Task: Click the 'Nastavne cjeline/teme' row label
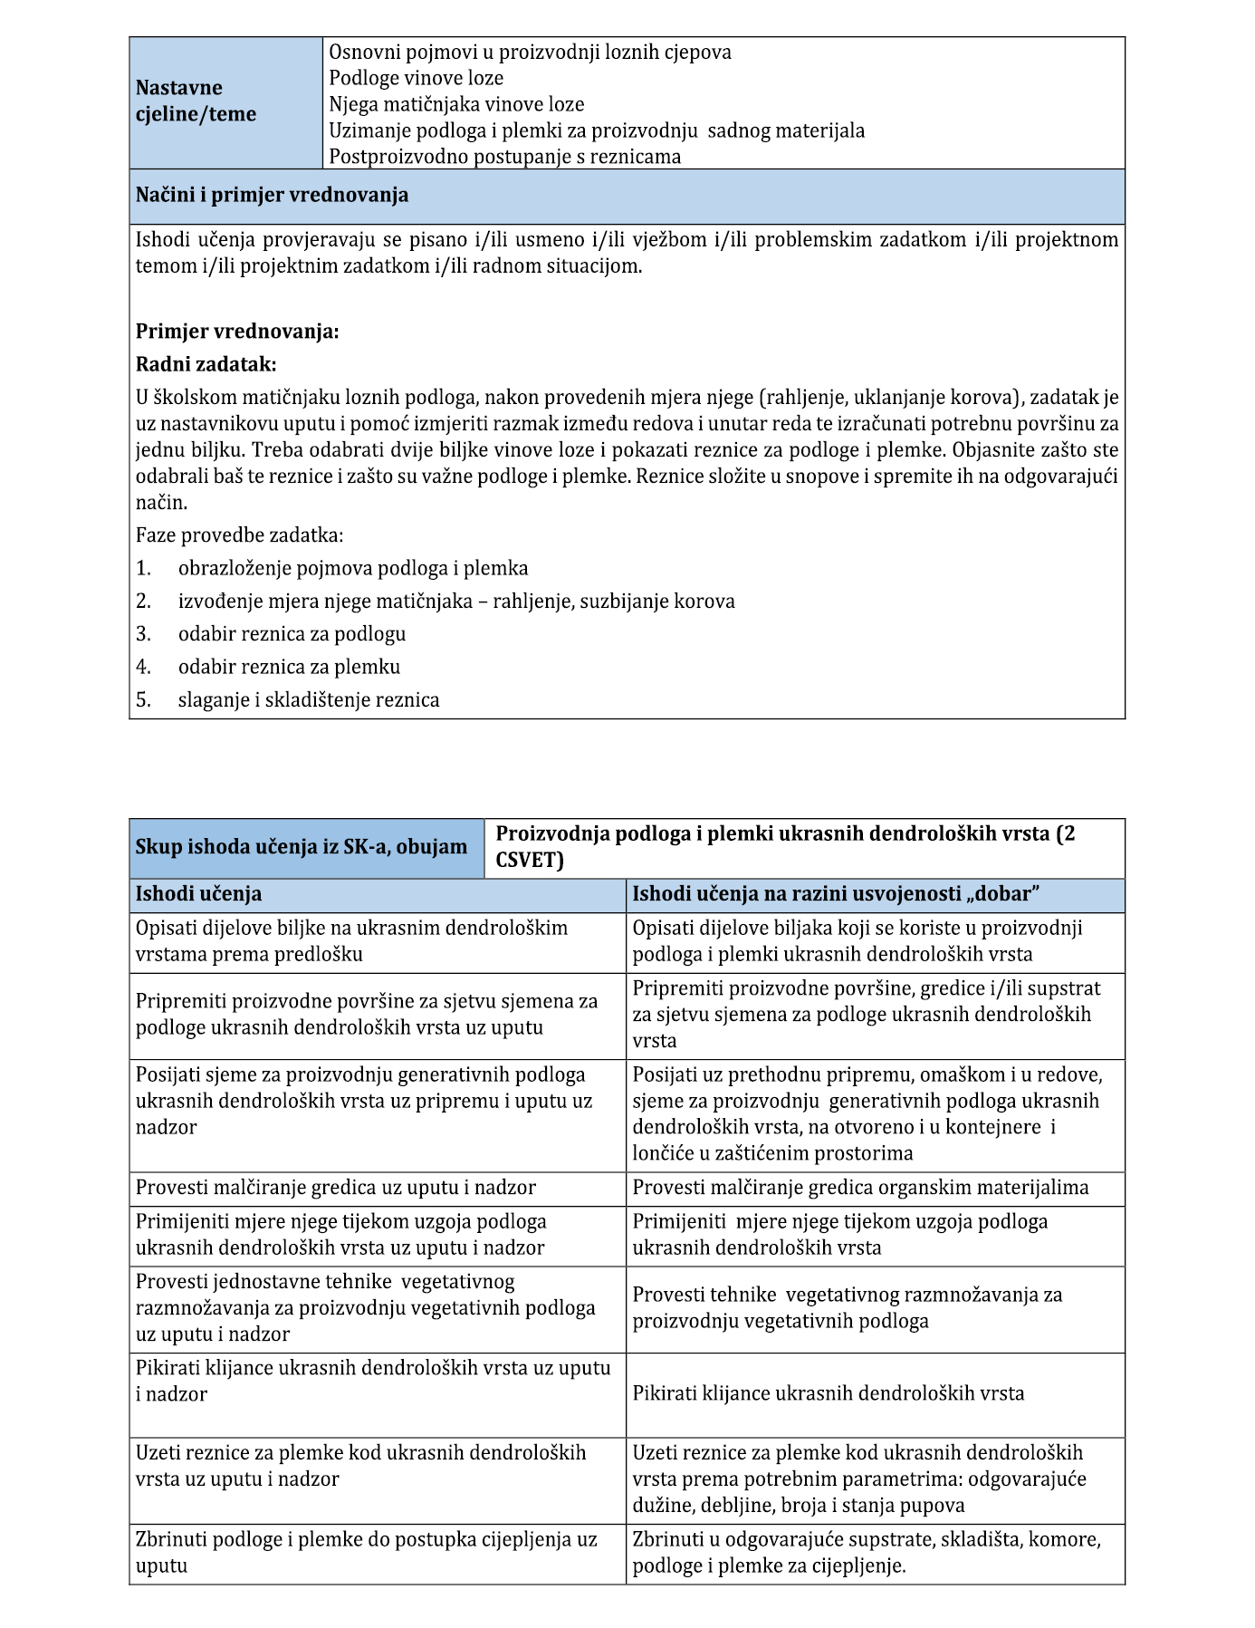(196, 101)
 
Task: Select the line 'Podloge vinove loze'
(416, 78)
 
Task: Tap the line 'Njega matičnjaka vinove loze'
(456, 104)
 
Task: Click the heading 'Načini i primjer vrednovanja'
(272, 195)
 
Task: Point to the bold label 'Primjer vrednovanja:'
(237, 332)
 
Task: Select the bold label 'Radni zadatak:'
(206, 364)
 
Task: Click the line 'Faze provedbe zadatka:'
(239, 535)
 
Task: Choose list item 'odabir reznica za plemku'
(289, 667)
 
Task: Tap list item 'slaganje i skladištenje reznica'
(309, 699)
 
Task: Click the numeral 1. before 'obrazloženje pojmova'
(143, 569)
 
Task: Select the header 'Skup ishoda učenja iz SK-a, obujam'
(301, 848)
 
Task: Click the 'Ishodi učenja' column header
(198, 894)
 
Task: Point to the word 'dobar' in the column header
(1001, 894)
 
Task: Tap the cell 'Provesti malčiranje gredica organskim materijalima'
(860, 1188)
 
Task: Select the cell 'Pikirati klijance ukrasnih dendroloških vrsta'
(828, 1393)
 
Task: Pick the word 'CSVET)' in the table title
(530, 860)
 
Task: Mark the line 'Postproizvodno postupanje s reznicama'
(504, 157)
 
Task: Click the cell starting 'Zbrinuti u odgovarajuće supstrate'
(866, 1552)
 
